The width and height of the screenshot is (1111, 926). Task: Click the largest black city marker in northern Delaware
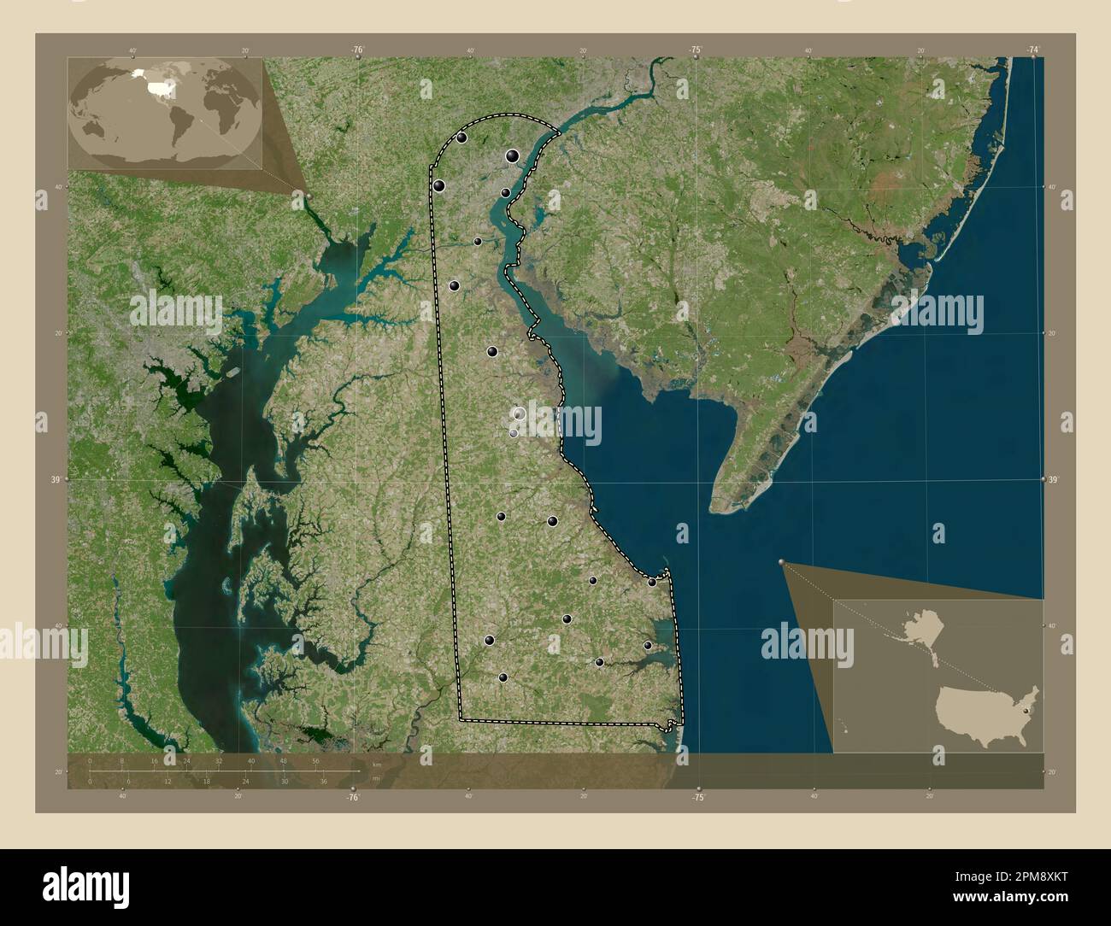[x=512, y=155]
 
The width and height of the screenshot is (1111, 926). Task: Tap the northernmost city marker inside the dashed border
[x=461, y=138]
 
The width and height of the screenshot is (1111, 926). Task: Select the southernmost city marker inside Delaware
[x=503, y=677]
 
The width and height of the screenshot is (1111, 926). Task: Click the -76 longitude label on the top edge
[x=356, y=50]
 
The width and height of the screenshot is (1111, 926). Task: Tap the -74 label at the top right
[x=1033, y=50]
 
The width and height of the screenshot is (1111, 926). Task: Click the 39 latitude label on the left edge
[x=55, y=480]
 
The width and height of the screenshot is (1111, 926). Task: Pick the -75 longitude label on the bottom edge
[x=698, y=798]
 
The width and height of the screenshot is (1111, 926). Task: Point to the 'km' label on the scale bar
[x=377, y=764]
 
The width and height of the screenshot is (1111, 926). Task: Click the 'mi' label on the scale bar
[x=377, y=777]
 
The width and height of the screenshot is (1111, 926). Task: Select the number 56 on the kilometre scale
[x=315, y=760]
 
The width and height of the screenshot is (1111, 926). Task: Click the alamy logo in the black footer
[x=87, y=884]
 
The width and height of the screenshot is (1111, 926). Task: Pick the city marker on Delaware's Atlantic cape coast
[x=652, y=582]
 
